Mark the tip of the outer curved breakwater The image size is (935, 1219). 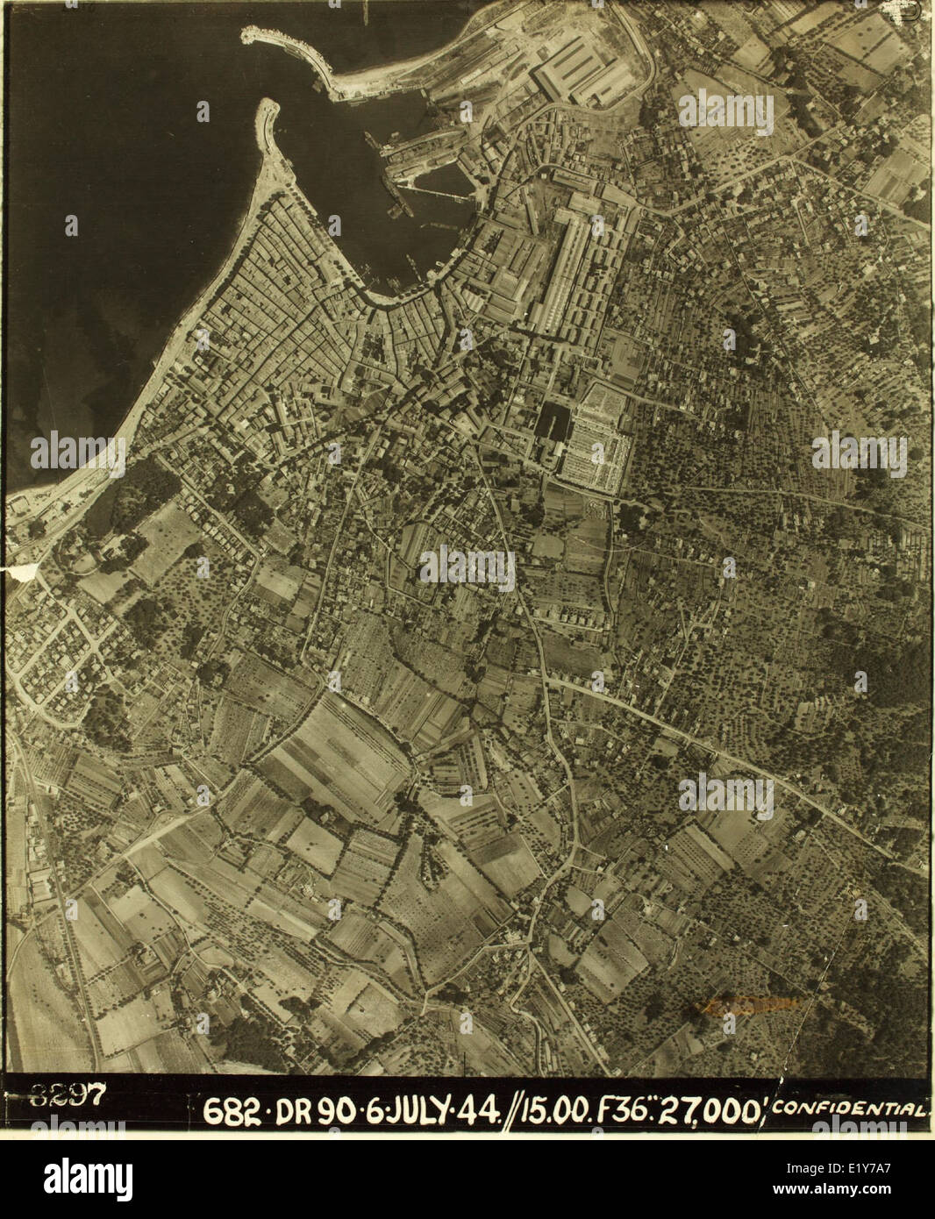[x=247, y=33]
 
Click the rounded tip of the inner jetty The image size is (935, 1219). [x=268, y=107]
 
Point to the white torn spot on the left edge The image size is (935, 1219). [x=23, y=572]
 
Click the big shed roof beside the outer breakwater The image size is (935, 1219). [x=583, y=70]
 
